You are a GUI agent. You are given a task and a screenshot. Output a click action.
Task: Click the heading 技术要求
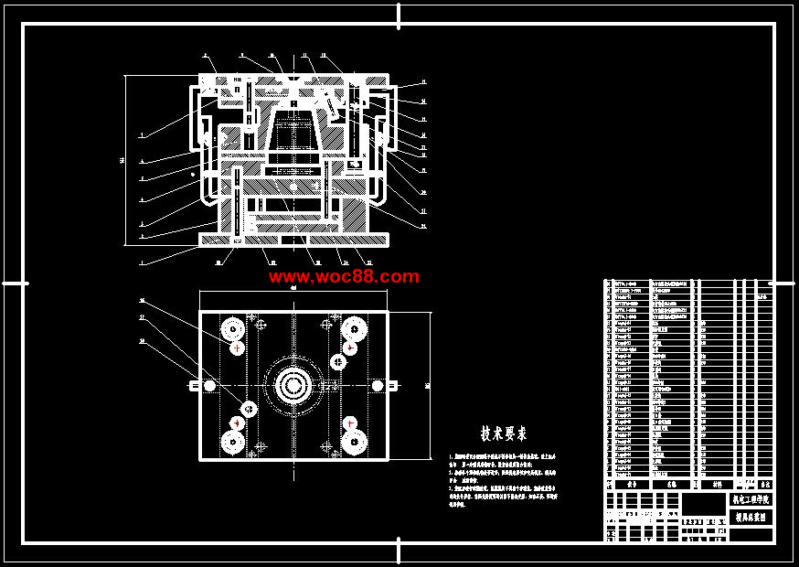point(504,433)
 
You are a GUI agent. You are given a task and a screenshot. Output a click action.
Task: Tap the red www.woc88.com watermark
point(344,276)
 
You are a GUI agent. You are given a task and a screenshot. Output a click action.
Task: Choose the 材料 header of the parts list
point(716,484)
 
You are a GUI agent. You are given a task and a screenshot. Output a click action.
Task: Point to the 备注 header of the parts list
point(765,484)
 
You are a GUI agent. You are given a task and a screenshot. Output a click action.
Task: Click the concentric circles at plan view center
point(293,386)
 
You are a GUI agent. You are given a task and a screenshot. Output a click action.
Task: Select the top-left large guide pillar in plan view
point(232,327)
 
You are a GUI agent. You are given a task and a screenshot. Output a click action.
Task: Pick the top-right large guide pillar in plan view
point(353,327)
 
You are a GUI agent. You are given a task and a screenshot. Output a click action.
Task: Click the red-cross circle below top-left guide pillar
point(238,348)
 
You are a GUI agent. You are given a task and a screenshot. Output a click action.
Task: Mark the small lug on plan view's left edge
point(195,386)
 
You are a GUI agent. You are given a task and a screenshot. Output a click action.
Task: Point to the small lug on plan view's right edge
point(394,386)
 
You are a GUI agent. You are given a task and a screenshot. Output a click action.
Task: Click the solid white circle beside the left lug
point(210,386)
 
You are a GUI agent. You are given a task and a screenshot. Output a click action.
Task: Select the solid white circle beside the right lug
point(377,386)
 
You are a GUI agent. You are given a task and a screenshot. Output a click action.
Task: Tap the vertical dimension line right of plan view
point(431,386)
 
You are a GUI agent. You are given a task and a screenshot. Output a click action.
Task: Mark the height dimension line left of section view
point(124,161)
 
